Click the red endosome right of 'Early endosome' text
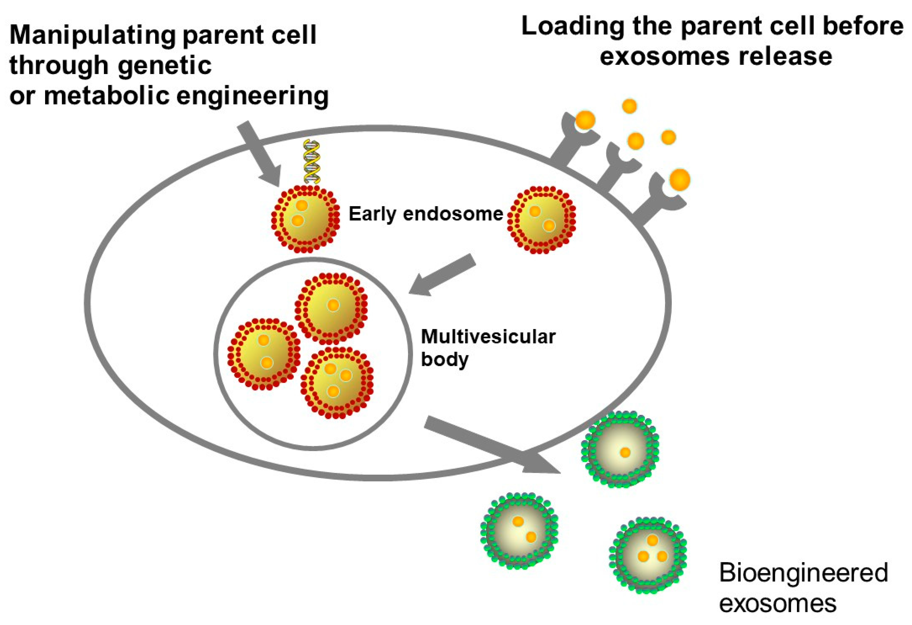542,220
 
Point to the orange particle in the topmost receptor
585,121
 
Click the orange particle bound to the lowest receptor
680,180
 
